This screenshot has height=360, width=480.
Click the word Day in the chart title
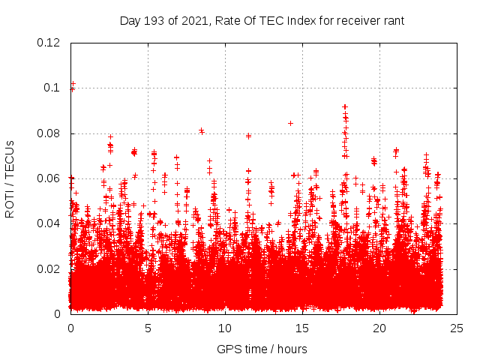130,21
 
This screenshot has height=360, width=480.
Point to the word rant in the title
392,21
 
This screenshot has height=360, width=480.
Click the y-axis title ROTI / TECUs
10,178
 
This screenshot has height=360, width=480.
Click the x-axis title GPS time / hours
262,349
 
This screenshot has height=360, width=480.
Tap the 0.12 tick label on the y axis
49,43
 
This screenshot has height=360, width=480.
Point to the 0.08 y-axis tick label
49,133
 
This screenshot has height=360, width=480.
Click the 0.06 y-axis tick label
49,178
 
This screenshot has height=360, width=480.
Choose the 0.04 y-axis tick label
49,223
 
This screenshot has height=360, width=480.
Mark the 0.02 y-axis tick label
49,268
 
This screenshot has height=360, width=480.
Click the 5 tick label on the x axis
148,328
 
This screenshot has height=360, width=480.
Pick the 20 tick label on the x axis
379,328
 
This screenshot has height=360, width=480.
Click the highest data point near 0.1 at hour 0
73,84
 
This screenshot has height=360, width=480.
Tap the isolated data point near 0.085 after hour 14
290,123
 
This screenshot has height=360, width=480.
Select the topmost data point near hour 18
345,106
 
